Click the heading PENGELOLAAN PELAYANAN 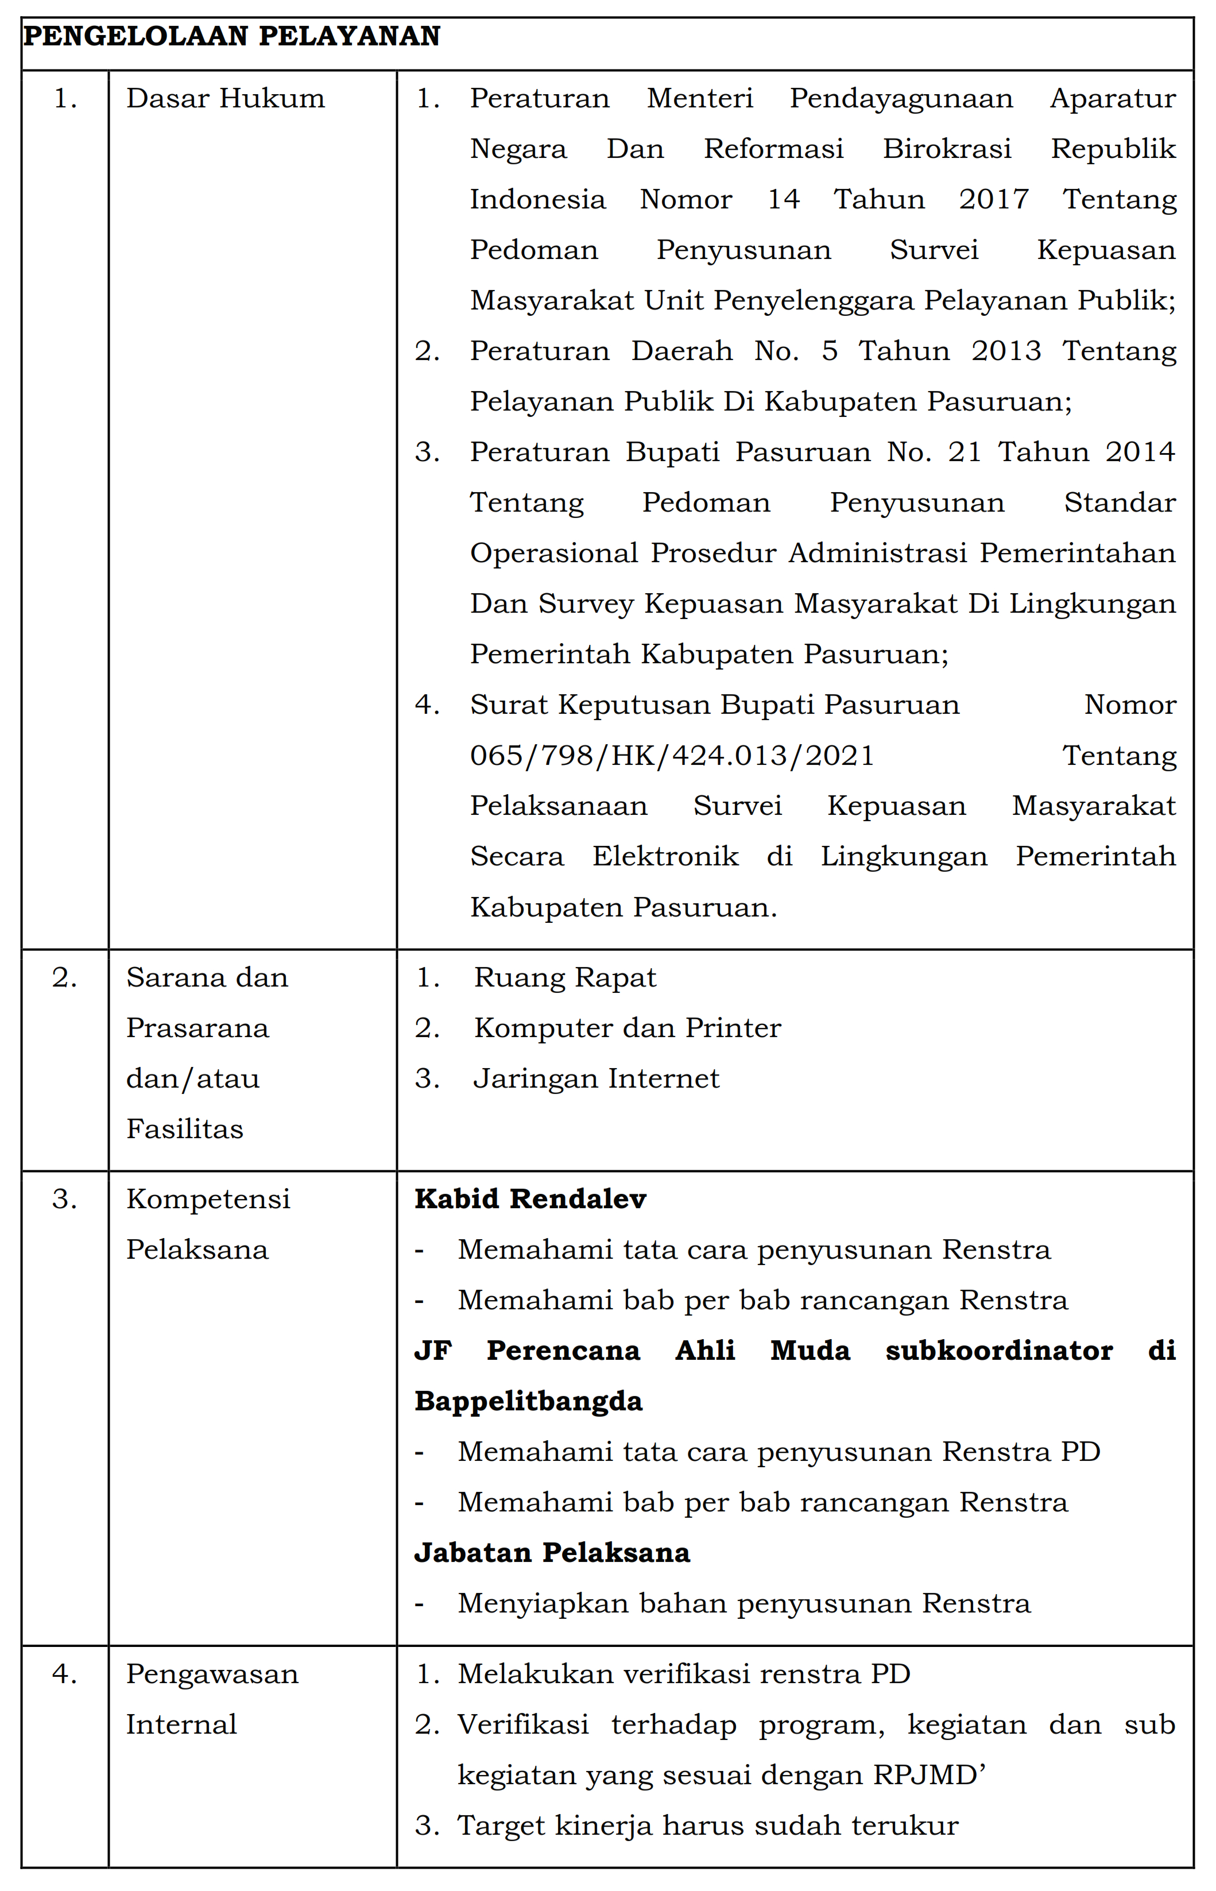click(231, 36)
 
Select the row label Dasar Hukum click(225, 99)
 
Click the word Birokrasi click(947, 149)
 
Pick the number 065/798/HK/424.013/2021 click(672, 756)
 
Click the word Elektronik click(665, 857)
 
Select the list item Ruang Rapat click(564, 977)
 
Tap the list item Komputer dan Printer click(627, 1028)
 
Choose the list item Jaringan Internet click(596, 1078)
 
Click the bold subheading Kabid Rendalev click(530, 1198)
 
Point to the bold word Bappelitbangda click(528, 1401)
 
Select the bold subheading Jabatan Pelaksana click(552, 1552)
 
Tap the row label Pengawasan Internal click(212, 1699)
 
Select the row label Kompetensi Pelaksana click(208, 1224)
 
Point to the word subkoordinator click(999, 1350)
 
